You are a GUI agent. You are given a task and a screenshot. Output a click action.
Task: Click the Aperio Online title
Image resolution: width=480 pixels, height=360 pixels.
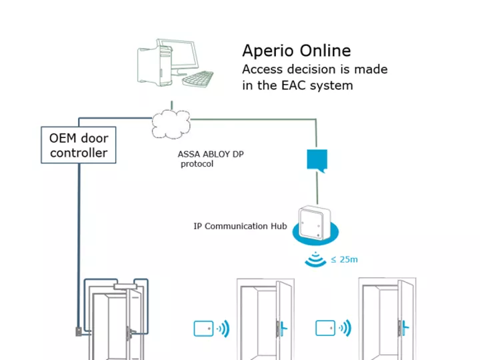coord(296,51)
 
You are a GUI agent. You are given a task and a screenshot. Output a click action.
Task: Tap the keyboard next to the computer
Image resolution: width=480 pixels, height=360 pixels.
coord(198,79)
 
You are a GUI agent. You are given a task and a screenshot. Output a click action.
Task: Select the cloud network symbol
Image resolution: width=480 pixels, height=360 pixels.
coord(171,122)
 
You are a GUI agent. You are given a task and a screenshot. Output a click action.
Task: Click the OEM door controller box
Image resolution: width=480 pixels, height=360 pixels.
coord(78,145)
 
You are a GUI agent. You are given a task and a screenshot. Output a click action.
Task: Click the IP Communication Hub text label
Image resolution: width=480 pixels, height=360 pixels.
coord(240,226)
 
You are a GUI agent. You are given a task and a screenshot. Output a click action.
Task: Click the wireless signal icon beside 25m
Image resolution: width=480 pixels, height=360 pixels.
coord(316,259)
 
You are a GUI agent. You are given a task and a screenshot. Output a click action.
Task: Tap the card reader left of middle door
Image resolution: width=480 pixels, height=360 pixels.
coord(203,328)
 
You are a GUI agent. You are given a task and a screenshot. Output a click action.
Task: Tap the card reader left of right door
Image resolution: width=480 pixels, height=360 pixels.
coord(325,328)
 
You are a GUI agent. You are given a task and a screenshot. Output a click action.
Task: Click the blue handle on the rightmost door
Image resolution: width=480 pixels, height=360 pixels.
coord(402,327)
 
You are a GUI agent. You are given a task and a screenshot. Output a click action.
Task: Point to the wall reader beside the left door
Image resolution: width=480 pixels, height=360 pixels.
coord(79,329)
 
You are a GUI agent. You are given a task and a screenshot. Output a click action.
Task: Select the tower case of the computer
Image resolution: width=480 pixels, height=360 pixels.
coord(151,65)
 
